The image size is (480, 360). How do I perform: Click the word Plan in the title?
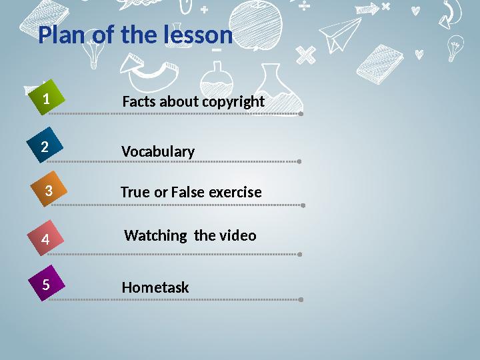pyautogui.click(x=61, y=35)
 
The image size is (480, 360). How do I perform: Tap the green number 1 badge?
pyautogui.click(x=46, y=99)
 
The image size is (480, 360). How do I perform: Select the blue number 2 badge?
pyautogui.click(x=45, y=147)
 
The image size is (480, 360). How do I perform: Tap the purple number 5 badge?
pyautogui.click(x=46, y=285)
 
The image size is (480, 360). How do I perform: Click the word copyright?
pyautogui.click(x=233, y=102)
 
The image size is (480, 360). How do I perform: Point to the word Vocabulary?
pyautogui.click(x=158, y=152)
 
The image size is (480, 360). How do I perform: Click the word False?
pyautogui.click(x=188, y=193)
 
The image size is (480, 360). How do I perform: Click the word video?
pyautogui.click(x=237, y=235)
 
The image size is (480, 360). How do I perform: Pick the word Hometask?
pyautogui.click(x=155, y=288)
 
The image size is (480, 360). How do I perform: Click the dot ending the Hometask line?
pyautogui.click(x=301, y=299)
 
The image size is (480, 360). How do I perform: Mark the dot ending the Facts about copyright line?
pyautogui.click(x=301, y=114)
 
